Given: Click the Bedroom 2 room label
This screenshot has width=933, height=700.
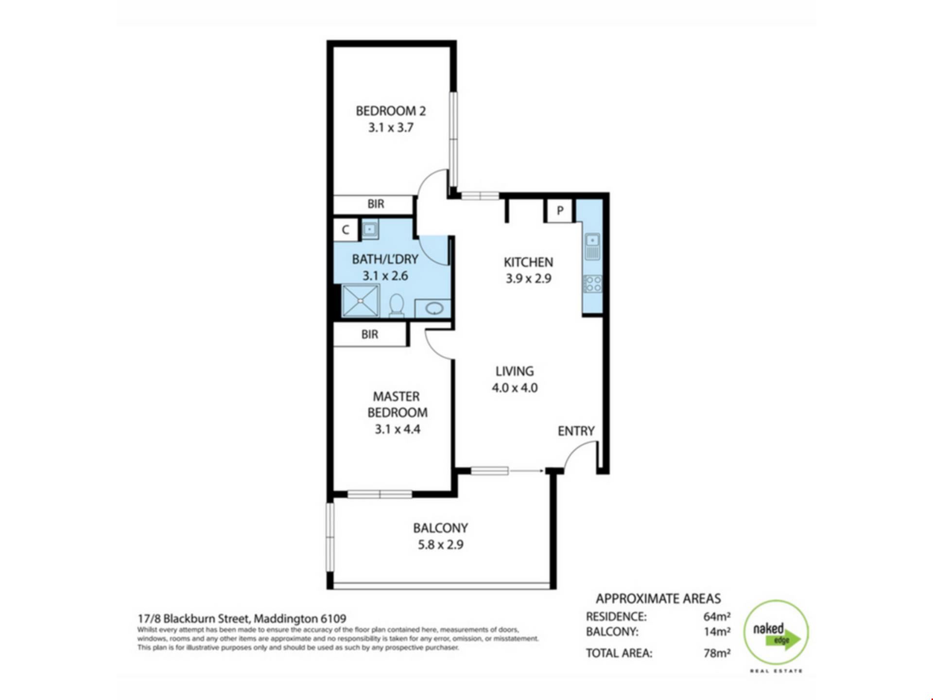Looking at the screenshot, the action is (391, 111).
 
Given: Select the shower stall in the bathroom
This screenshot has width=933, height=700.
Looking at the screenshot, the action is (361, 300).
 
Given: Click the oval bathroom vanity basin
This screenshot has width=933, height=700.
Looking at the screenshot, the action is (434, 308).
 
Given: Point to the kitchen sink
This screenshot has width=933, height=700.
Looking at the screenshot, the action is (592, 246).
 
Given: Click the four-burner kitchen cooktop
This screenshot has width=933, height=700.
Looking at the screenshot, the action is (592, 284).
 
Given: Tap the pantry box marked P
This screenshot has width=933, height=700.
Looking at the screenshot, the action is (560, 211).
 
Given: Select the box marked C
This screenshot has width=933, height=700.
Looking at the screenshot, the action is (346, 229).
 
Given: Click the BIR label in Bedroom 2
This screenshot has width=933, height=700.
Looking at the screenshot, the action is (376, 204).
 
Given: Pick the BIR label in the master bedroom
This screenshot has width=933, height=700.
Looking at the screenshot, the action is (370, 334).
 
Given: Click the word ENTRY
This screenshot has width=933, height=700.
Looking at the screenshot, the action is (576, 431).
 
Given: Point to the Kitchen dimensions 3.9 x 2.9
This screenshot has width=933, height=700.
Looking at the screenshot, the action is (528, 279).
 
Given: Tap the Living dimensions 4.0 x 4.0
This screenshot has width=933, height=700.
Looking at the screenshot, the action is (515, 388).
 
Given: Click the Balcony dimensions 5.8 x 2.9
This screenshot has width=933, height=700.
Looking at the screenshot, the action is (441, 545).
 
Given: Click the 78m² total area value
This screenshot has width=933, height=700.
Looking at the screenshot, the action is (717, 653).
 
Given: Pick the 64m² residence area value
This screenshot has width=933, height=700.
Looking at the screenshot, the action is (717, 616).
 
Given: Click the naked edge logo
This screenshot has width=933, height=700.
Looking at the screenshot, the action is (776, 633).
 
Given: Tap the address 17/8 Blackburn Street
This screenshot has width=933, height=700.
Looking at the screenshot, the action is (194, 619).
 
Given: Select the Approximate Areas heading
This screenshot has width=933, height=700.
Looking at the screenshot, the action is (658, 598).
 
